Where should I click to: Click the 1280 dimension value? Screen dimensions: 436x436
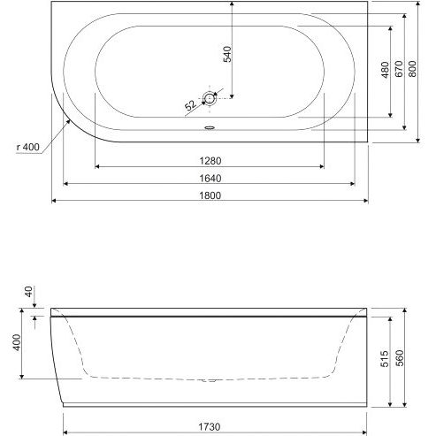pos(210,161)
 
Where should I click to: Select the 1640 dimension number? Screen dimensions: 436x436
pos(210,179)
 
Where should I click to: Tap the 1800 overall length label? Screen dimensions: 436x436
pos(210,195)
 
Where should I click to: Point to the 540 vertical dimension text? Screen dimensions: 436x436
pos(227,54)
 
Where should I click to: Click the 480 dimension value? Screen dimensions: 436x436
pos(386,70)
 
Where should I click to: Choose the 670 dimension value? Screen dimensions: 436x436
pos(399,69)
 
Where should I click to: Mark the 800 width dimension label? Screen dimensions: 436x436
pos(412,69)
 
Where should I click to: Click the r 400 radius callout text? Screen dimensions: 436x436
pos(28,147)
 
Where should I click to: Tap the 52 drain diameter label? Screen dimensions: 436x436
pos(191,105)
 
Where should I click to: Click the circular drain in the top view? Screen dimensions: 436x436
pos(210,98)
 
